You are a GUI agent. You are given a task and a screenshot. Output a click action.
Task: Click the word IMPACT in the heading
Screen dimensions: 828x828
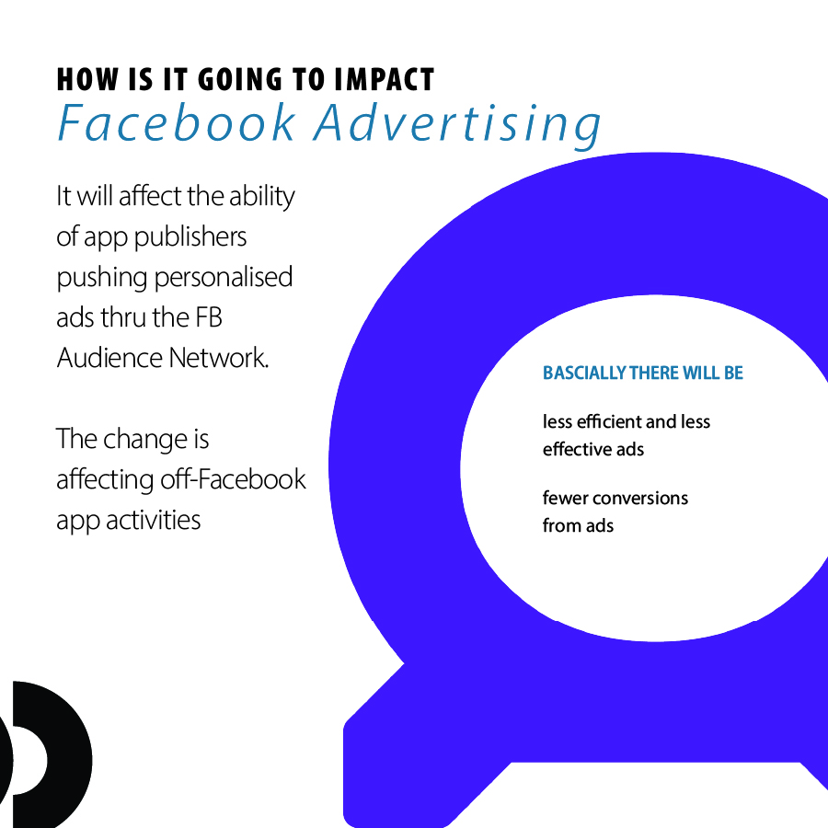coord(384,80)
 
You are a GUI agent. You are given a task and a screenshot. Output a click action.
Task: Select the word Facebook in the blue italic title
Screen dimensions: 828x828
coord(177,123)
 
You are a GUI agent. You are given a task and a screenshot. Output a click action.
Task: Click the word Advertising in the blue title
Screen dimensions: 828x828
coord(457,125)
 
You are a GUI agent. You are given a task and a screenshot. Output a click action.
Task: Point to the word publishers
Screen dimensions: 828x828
coord(190,237)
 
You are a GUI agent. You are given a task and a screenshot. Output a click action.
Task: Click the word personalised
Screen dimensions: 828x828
coord(224,278)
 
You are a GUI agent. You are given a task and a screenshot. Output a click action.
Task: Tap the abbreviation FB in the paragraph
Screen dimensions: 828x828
coord(209,318)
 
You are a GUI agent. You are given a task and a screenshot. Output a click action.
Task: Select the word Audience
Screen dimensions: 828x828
coord(109,358)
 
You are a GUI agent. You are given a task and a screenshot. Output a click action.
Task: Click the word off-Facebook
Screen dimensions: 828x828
coord(233,479)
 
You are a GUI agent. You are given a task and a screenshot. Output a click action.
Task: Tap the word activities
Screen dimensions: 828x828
coord(153,520)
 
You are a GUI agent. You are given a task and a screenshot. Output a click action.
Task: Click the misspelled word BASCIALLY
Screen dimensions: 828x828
coord(584,373)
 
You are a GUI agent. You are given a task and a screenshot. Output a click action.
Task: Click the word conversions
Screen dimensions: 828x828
coord(644,498)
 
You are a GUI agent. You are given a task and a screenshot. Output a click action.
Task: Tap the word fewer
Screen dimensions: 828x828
coord(569,498)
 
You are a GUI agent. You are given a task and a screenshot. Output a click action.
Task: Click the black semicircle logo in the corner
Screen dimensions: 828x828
coord(46,754)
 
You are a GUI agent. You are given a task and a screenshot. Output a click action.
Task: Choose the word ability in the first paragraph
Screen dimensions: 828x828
coord(262,197)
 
